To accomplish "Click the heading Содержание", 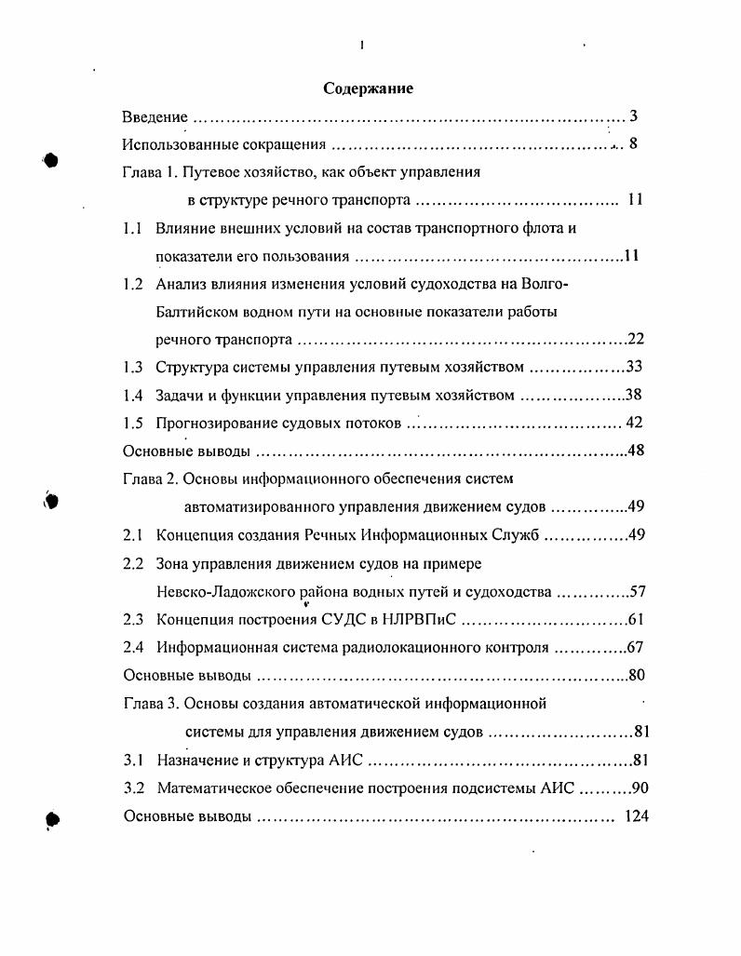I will [368, 88].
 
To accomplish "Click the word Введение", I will [155, 117].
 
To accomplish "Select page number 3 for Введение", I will [633, 117].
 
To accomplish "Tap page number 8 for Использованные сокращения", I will [633, 144].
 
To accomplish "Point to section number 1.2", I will [133, 284].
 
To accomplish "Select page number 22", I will [637, 339].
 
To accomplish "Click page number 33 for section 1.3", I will [636, 367].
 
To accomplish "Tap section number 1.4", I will [133, 395].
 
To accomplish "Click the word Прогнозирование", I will [216, 423].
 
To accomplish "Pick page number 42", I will [635, 423].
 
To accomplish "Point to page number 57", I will [638, 591].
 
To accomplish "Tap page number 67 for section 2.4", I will [637, 647].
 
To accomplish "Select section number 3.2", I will [134, 788].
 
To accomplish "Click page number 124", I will [637, 816].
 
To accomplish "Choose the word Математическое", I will [213, 788].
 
